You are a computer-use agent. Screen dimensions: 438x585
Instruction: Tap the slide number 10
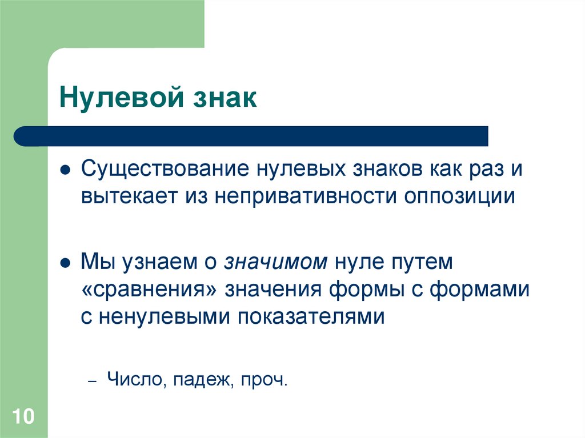pyautogui.click(x=23, y=416)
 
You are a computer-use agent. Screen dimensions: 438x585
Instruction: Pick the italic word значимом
pyautogui.click(x=276, y=262)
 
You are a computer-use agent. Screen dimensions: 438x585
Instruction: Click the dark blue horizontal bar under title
pyautogui.click(x=251, y=136)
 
